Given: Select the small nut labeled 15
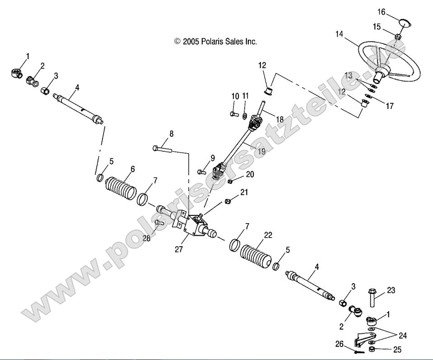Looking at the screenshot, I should [x=398, y=37].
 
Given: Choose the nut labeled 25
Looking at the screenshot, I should [x=372, y=350].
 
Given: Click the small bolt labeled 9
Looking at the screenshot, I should [x=202, y=172].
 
